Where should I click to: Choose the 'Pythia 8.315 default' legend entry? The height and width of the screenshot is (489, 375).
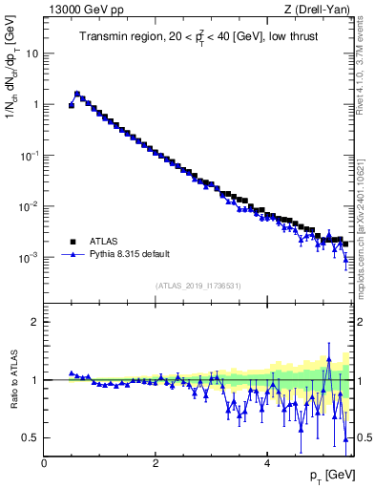click(135, 255)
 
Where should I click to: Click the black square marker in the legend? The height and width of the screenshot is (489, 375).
click(73, 242)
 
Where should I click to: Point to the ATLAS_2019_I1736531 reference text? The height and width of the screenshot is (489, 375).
click(197, 286)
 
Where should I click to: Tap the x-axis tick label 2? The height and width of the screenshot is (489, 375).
click(156, 463)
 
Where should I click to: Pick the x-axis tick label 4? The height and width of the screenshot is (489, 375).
click(267, 463)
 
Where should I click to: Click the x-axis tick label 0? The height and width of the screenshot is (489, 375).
click(44, 463)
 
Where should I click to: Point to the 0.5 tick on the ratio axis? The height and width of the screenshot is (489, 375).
click(31, 437)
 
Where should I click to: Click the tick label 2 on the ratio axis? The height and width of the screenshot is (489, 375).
click(34, 322)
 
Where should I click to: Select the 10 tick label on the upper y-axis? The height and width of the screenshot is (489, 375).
click(31, 53)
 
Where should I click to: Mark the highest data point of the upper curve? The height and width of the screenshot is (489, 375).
click(77, 94)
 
